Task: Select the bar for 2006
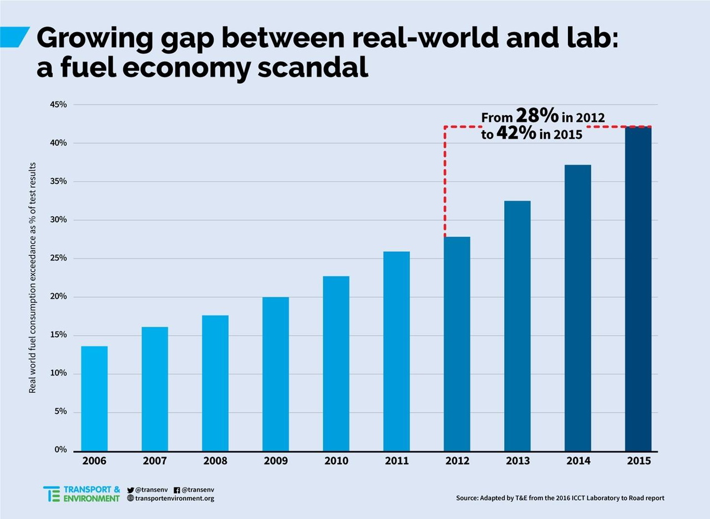(x=94, y=398)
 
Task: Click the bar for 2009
(x=276, y=374)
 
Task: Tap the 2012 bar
(x=457, y=344)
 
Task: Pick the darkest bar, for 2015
(x=638, y=288)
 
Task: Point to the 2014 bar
(x=577, y=308)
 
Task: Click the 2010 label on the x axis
(x=336, y=461)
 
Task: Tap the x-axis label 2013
(x=518, y=461)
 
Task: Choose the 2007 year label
(x=155, y=461)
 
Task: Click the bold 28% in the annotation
(x=536, y=116)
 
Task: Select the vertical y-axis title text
(x=33, y=277)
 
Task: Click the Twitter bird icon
(x=131, y=490)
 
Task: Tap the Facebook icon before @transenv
(x=177, y=490)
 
